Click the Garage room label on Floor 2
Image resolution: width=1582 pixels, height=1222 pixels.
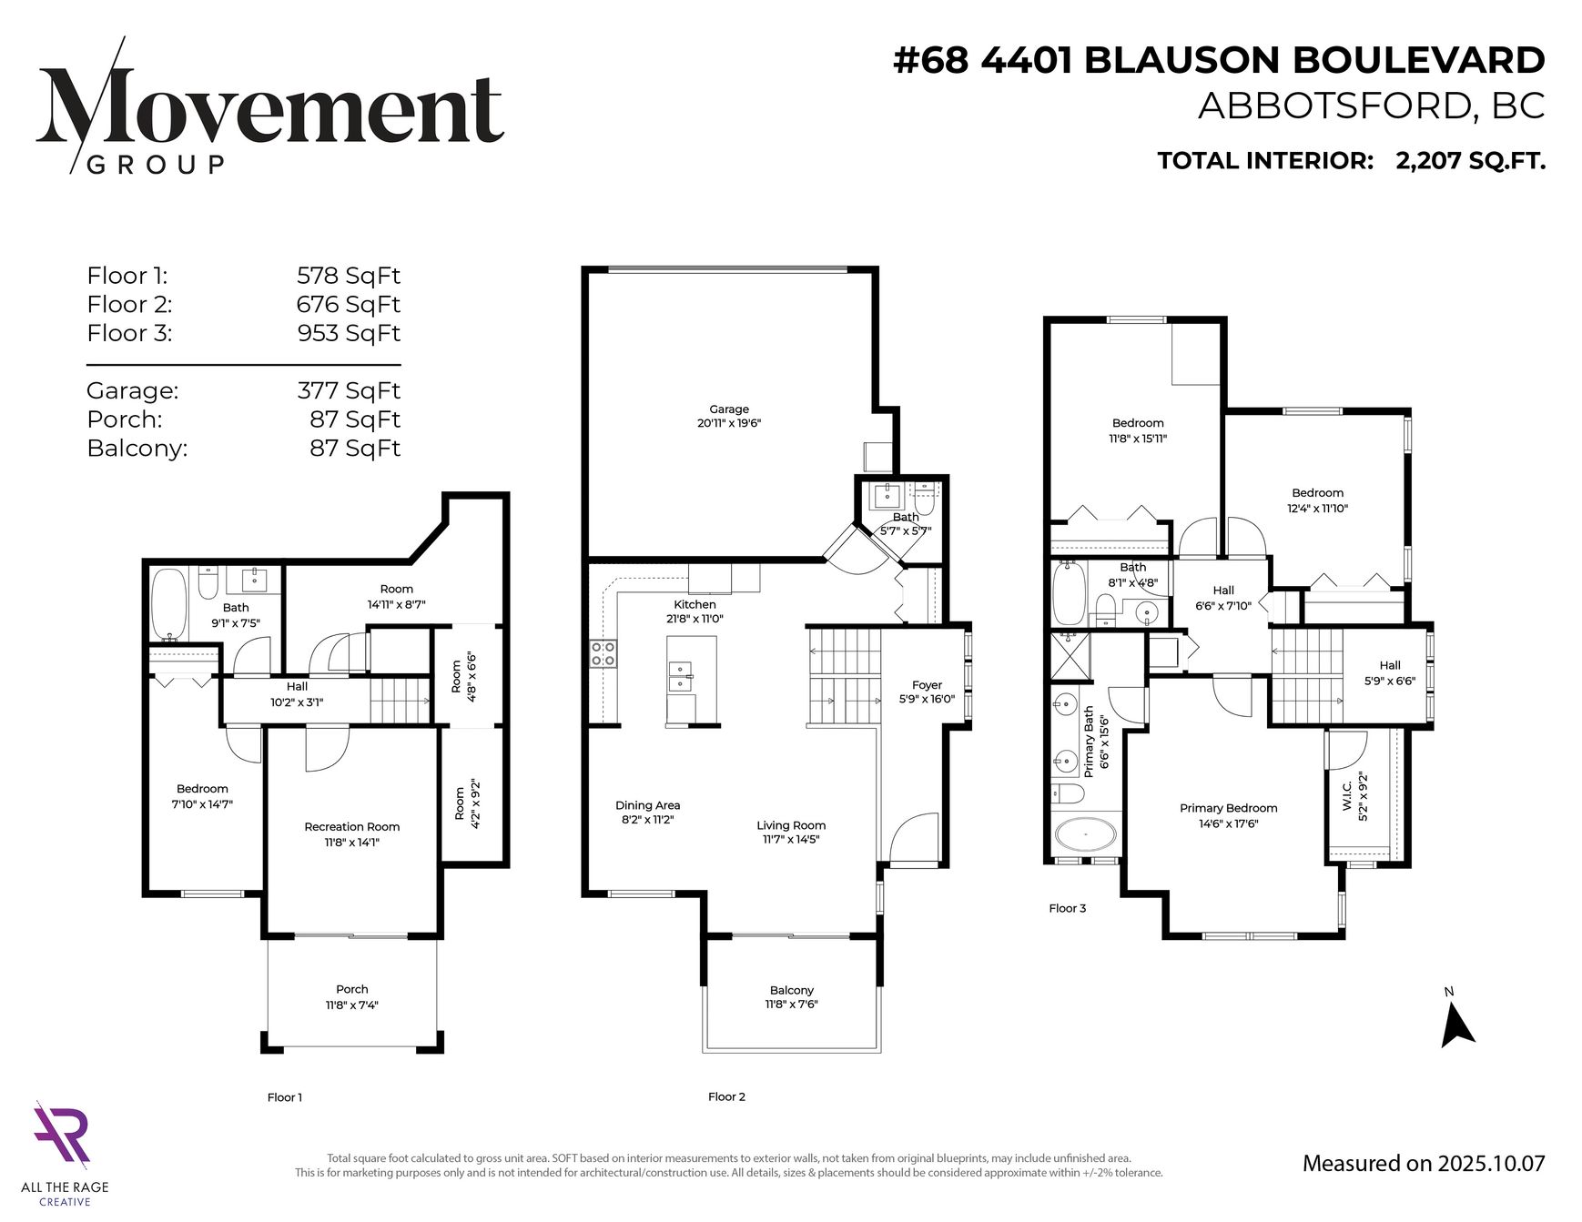pyautogui.click(x=729, y=409)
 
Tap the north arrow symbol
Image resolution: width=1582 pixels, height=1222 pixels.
pyautogui.click(x=1456, y=1025)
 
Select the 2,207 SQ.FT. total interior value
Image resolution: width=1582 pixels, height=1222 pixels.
pyautogui.click(x=1470, y=161)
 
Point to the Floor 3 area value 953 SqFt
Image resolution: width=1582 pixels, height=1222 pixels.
pyautogui.click(x=349, y=333)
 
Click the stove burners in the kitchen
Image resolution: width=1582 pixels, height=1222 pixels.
pyautogui.click(x=603, y=654)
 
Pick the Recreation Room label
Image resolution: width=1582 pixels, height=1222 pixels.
pyautogui.click(x=352, y=827)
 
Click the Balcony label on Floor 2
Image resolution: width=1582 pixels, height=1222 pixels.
pyautogui.click(x=792, y=990)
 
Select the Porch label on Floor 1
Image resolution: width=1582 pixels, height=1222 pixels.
pyautogui.click(x=352, y=989)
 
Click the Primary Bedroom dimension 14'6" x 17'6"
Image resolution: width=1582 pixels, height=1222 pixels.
pyautogui.click(x=1229, y=823)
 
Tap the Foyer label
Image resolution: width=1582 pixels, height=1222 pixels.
pyautogui.click(x=928, y=685)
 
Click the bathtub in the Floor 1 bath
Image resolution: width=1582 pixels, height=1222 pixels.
pyautogui.click(x=168, y=603)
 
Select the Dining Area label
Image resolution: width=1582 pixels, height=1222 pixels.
pyautogui.click(x=647, y=805)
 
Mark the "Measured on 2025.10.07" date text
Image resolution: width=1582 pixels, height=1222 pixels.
pyautogui.click(x=1424, y=1163)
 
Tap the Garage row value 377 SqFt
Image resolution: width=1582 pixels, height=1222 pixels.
pyautogui.click(x=349, y=390)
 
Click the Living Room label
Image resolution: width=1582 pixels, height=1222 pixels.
pyautogui.click(x=792, y=825)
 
